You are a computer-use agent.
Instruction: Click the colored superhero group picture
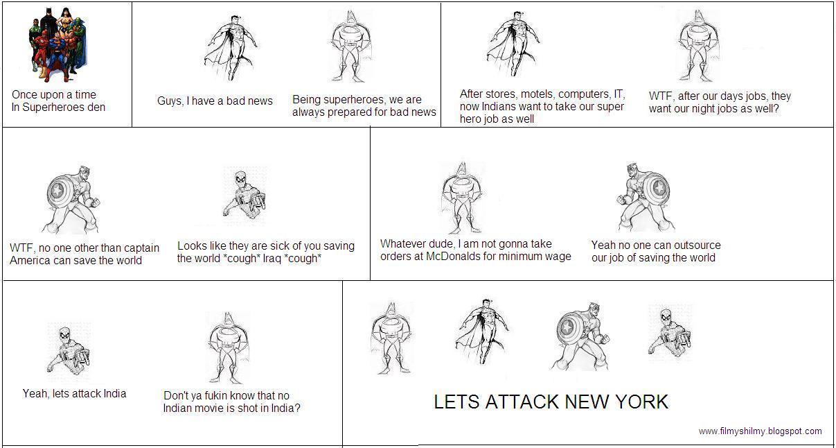point(58,44)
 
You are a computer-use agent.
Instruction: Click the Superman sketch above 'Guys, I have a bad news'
point(231,48)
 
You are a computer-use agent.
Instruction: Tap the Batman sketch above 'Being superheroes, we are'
point(351,46)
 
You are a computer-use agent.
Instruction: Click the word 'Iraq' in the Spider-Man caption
point(272,259)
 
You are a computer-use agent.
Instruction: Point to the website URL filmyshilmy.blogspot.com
point(761,431)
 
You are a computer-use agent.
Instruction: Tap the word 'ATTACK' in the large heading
point(522,402)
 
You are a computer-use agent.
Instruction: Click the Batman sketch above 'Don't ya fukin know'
point(228,347)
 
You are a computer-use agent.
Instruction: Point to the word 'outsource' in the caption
point(695,245)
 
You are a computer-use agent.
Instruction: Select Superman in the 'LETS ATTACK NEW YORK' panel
point(482,330)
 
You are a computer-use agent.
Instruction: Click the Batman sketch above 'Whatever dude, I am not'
point(462,198)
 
